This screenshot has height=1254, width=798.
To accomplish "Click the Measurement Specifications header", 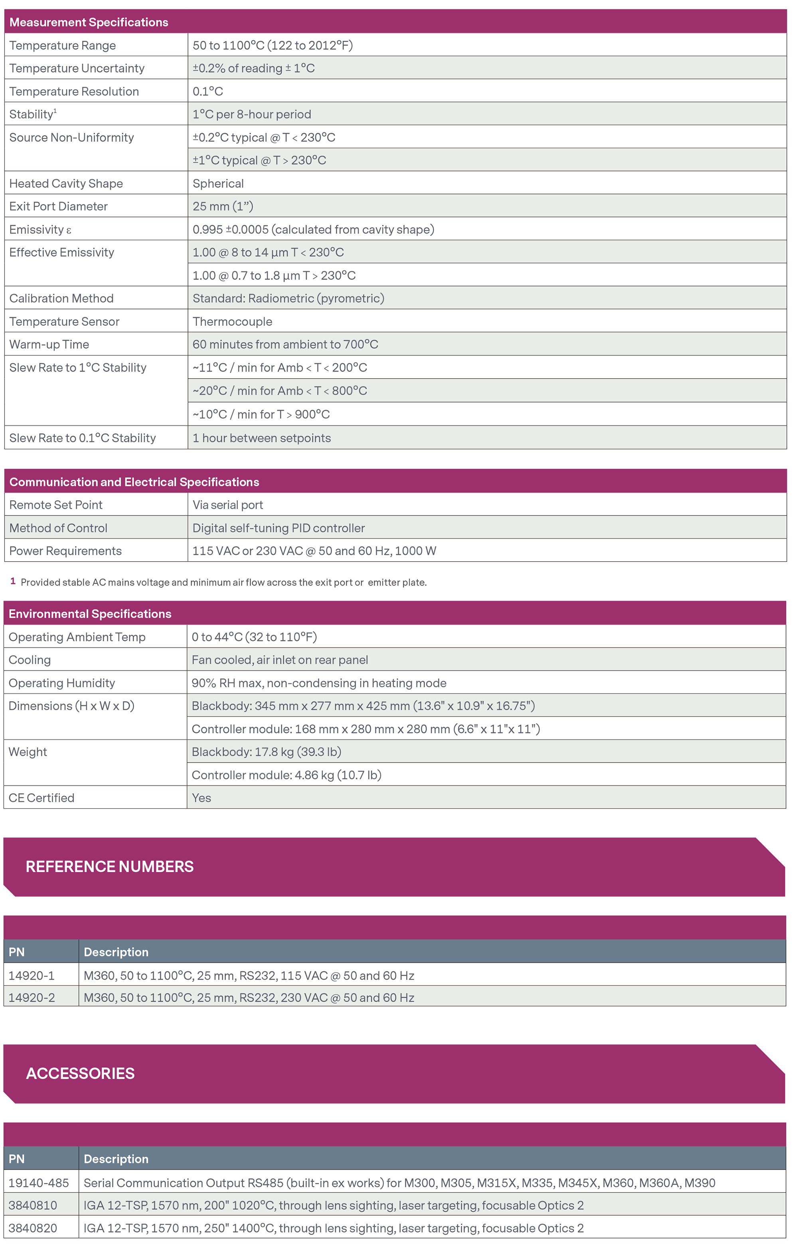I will pos(89,22).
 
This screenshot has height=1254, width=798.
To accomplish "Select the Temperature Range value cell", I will pos(273,45).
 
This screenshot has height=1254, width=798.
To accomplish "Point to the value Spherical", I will pos(218,183).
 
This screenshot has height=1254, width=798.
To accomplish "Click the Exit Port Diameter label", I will pos(58,206).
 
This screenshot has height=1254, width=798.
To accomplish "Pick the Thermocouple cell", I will pos(233,321).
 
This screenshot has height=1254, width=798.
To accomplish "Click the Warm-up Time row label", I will pos(49,344).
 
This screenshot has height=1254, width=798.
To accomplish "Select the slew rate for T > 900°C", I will pos(261,414).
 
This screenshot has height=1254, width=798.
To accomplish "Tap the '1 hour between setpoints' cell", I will pos(262,438).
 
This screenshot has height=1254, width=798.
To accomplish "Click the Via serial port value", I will pos(228,505).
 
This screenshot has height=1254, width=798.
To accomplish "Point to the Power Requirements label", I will pos(65,551).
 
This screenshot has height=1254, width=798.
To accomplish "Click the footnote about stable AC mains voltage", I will pos(223,582).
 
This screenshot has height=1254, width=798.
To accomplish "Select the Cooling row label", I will pos(30,660).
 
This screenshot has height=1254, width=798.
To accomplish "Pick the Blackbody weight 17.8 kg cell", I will pos(267,751).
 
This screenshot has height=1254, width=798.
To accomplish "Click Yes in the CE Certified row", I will pos(201,798).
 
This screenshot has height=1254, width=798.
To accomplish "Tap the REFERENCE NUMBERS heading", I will pos(109,867).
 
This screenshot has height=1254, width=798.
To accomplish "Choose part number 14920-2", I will pos(31,997).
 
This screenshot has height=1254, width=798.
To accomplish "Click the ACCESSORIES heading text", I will pos(80,1073).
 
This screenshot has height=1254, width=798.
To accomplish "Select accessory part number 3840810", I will pos(33,1205).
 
